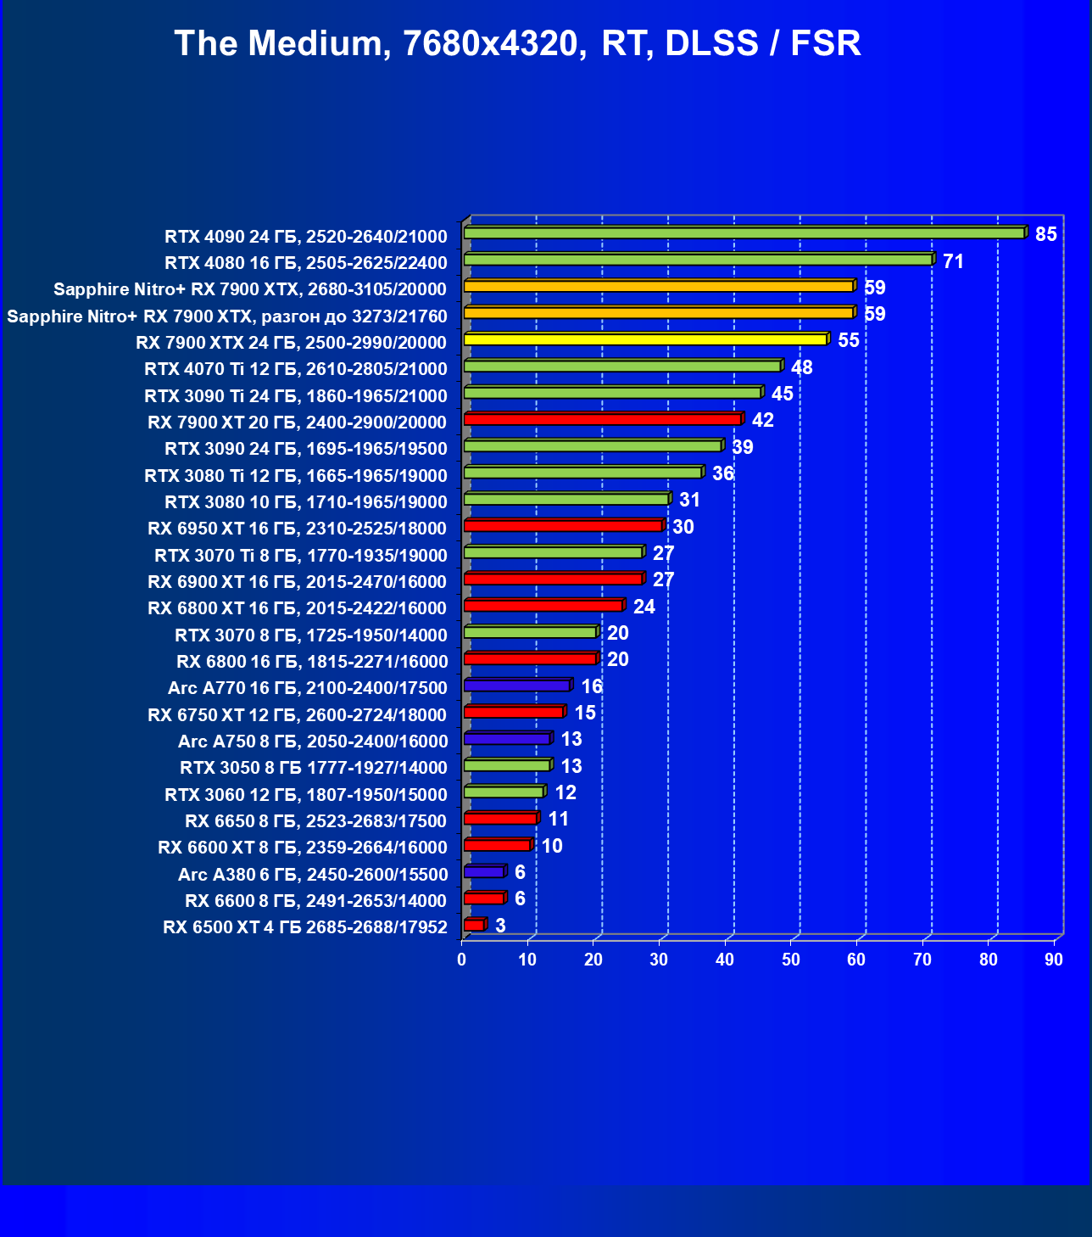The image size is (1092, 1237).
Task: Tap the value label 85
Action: [1045, 234]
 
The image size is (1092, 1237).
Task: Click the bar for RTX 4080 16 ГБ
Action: [699, 260]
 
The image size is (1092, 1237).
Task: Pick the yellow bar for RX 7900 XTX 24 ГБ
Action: [645, 339]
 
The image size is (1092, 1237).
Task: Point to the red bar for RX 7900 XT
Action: [603, 419]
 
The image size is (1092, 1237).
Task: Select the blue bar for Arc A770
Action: [517, 686]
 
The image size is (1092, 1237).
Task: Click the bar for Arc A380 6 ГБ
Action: [484, 871]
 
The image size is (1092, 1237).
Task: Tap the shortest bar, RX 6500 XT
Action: [474, 925]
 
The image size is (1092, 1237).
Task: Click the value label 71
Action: [953, 261]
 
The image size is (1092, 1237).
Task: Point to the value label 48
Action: [801, 367]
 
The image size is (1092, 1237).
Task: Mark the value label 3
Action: [500, 926]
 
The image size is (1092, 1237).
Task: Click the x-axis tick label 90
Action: [1053, 960]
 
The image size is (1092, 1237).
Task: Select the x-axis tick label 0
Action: [462, 960]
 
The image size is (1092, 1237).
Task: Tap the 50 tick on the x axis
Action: [790, 960]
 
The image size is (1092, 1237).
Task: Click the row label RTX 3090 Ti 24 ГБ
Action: [295, 395]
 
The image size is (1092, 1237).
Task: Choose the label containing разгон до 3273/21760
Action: [226, 316]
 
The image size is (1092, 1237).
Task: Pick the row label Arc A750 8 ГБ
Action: [312, 742]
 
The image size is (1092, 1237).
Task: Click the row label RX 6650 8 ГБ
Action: [315, 821]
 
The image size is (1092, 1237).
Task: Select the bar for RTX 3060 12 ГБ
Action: [504, 792]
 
